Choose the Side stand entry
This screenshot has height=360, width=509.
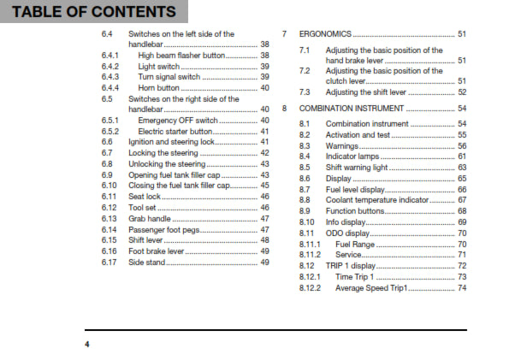tap(145, 263)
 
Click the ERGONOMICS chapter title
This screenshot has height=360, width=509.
tap(325, 34)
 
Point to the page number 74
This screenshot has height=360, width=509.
tap(462, 288)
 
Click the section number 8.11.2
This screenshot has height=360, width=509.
tap(309, 255)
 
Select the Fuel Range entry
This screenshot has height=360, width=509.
tap(355, 244)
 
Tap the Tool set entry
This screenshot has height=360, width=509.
tap(142, 208)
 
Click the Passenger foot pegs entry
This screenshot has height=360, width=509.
tap(163, 230)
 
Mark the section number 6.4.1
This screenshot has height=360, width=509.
tap(109, 55)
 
